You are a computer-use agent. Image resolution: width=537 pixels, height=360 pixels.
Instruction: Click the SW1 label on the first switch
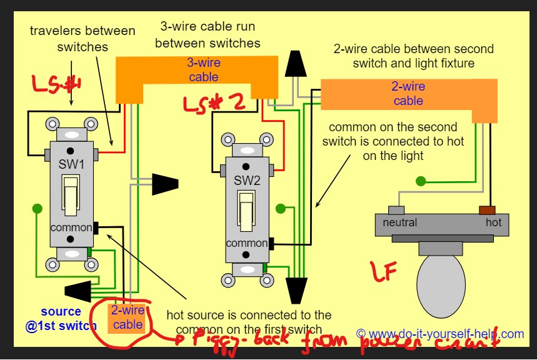coord(71,165)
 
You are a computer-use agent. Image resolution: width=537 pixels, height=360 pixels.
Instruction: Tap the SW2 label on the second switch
coord(246,181)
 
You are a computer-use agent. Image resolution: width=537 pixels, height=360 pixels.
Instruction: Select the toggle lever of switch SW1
coord(71,191)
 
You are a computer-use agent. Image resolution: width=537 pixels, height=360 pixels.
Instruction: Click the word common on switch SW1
coord(71,227)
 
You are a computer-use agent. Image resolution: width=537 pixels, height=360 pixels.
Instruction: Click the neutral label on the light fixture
coord(400,222)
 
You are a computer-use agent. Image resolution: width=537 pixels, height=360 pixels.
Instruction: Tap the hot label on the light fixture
coord(493,222)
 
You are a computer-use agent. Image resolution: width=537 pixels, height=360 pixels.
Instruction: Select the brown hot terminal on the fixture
coord(488,210)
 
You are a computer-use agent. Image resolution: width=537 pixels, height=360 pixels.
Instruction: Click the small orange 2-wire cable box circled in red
coord(128,317)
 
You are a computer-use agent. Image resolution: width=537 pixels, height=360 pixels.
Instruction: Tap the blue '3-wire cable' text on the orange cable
coord(204,69)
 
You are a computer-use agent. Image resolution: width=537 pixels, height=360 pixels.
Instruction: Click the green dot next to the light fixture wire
coord(421,182)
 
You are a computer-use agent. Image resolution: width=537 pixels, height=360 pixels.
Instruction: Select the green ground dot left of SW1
coord(38,208)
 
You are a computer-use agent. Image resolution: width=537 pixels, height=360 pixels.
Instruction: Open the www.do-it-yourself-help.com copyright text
coord(440,334)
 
